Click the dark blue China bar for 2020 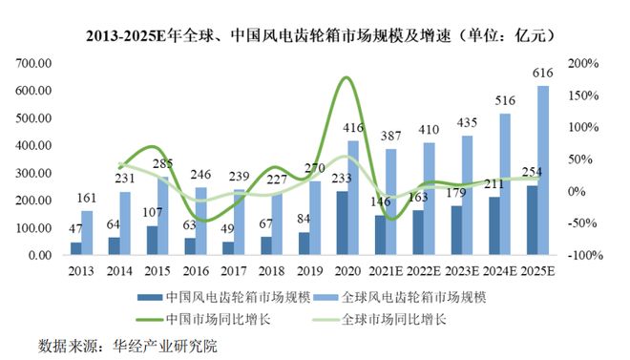pos(341,223)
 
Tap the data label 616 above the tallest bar pos(544,73)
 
